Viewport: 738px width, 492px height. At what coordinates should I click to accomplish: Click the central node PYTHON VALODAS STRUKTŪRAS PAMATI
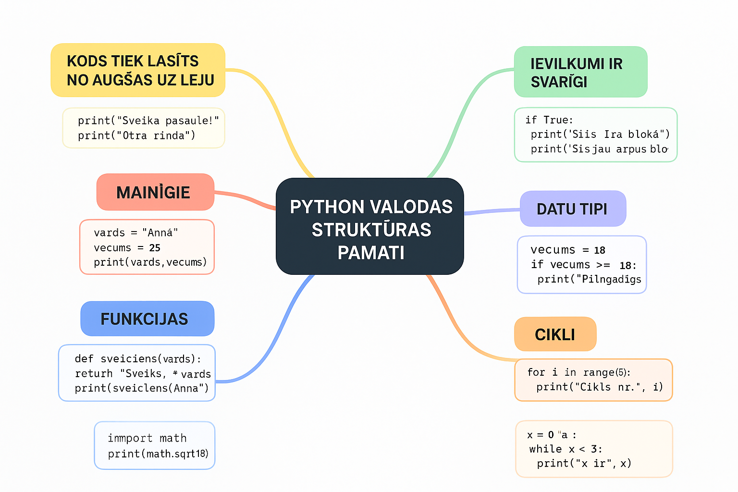pyautogui.click(x=369, y=226)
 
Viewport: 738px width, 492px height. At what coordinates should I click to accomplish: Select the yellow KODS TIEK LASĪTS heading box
pyautogui.click(x=138, y=70)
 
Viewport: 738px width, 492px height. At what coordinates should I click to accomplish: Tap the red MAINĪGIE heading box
pyautogui.click(x=155, y=192)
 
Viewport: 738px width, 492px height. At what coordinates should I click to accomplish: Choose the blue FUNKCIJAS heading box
pyautogui.click(x=147, y=319)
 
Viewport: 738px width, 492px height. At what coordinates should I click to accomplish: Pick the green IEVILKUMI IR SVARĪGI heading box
pyautogui.click(x=580, y=72)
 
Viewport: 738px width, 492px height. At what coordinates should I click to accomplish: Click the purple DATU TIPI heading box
pyautogui.click(x=573, y=209)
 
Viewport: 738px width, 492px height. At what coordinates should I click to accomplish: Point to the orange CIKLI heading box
pyautogui.click(x=555, y=334)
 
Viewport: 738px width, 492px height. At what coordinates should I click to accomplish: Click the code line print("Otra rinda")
pyautogui.click(x=136, y=135)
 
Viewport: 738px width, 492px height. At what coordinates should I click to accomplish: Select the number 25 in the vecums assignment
pyautogui.click(x=155, y=248)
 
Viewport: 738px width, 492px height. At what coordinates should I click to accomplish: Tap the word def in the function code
pyautogui.click(x=84, y=358)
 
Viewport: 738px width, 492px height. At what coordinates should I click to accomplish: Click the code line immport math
pyautogui.click(x=147, y=438)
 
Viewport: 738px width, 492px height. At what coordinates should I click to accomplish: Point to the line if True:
pyautogui.click(x=549, y=120)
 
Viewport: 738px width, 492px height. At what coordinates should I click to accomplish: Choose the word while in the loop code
pyautogui.click(x=545, y=449)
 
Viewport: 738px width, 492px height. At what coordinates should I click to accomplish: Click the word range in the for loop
pyautogui.click(x=599, y=372)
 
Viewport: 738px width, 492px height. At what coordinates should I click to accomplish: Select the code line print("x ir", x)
pyautogui.click(x=584, y=463)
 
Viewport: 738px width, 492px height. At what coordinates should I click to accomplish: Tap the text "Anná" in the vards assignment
pyautogui.click(x=160, y=233)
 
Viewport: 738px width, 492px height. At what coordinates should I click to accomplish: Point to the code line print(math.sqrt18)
pyautogui.click(x=158, y=454)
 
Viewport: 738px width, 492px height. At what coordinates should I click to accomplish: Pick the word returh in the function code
pyautogui.click(x=94, y=373)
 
